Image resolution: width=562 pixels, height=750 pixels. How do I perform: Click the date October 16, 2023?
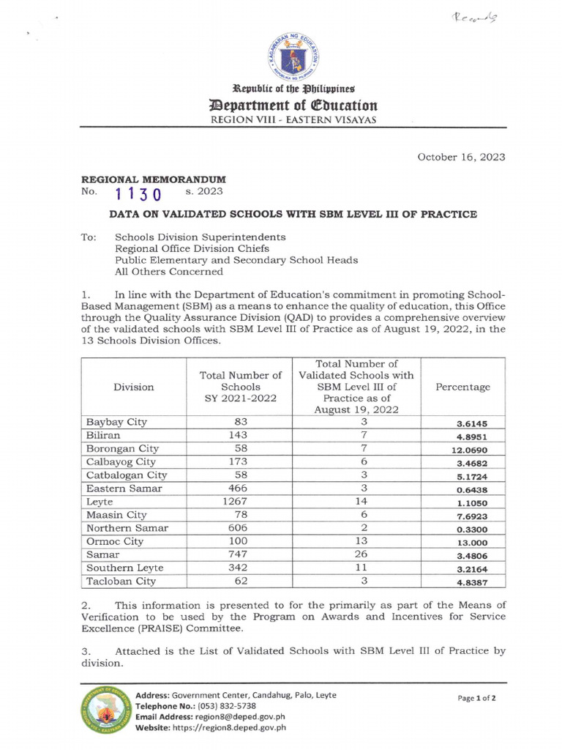[x=461, y=157]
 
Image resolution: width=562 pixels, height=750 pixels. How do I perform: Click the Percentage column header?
[x=462, y=387]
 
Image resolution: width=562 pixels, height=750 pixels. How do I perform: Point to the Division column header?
[x=134, y=387]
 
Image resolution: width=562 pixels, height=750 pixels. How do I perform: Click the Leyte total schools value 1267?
[x=240, y=502]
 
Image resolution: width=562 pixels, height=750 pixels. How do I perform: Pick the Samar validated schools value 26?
[x=364, y=554]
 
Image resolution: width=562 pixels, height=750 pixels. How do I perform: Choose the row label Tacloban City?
[x=121, y=581]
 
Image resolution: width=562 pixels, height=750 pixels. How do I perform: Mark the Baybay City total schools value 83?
[x=240, y=423]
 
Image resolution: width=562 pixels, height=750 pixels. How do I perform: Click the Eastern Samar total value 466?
[x=240, y=489]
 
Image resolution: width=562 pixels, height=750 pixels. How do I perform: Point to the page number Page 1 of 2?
[x=477, y=698]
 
